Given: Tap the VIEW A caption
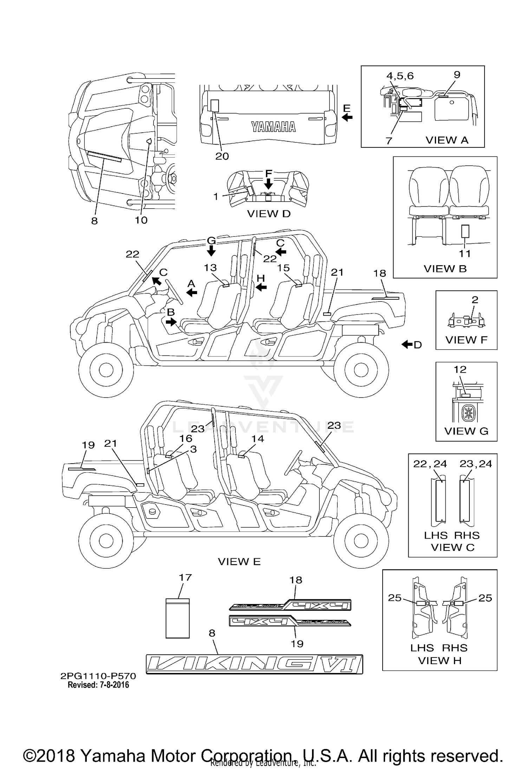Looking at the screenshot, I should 447,140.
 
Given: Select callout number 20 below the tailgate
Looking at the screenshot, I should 222,156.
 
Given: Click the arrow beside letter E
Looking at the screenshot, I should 347,117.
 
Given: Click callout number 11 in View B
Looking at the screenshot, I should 465,253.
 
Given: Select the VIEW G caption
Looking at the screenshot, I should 466,431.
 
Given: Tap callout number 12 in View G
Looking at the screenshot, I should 460,369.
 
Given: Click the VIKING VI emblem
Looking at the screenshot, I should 254,664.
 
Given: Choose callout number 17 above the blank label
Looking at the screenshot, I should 185,577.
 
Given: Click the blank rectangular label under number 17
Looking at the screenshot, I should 178,618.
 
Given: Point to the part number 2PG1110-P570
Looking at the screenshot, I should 98,676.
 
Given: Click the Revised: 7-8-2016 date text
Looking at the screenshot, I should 98,685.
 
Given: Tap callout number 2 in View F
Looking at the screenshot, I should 475,300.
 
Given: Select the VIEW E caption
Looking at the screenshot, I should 239,561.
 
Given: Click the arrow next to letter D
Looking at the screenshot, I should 407,344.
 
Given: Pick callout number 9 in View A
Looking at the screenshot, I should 457,75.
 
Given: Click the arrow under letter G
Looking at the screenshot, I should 211,251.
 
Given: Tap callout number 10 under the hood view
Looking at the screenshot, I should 141,220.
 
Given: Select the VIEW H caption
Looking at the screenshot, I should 440,660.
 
